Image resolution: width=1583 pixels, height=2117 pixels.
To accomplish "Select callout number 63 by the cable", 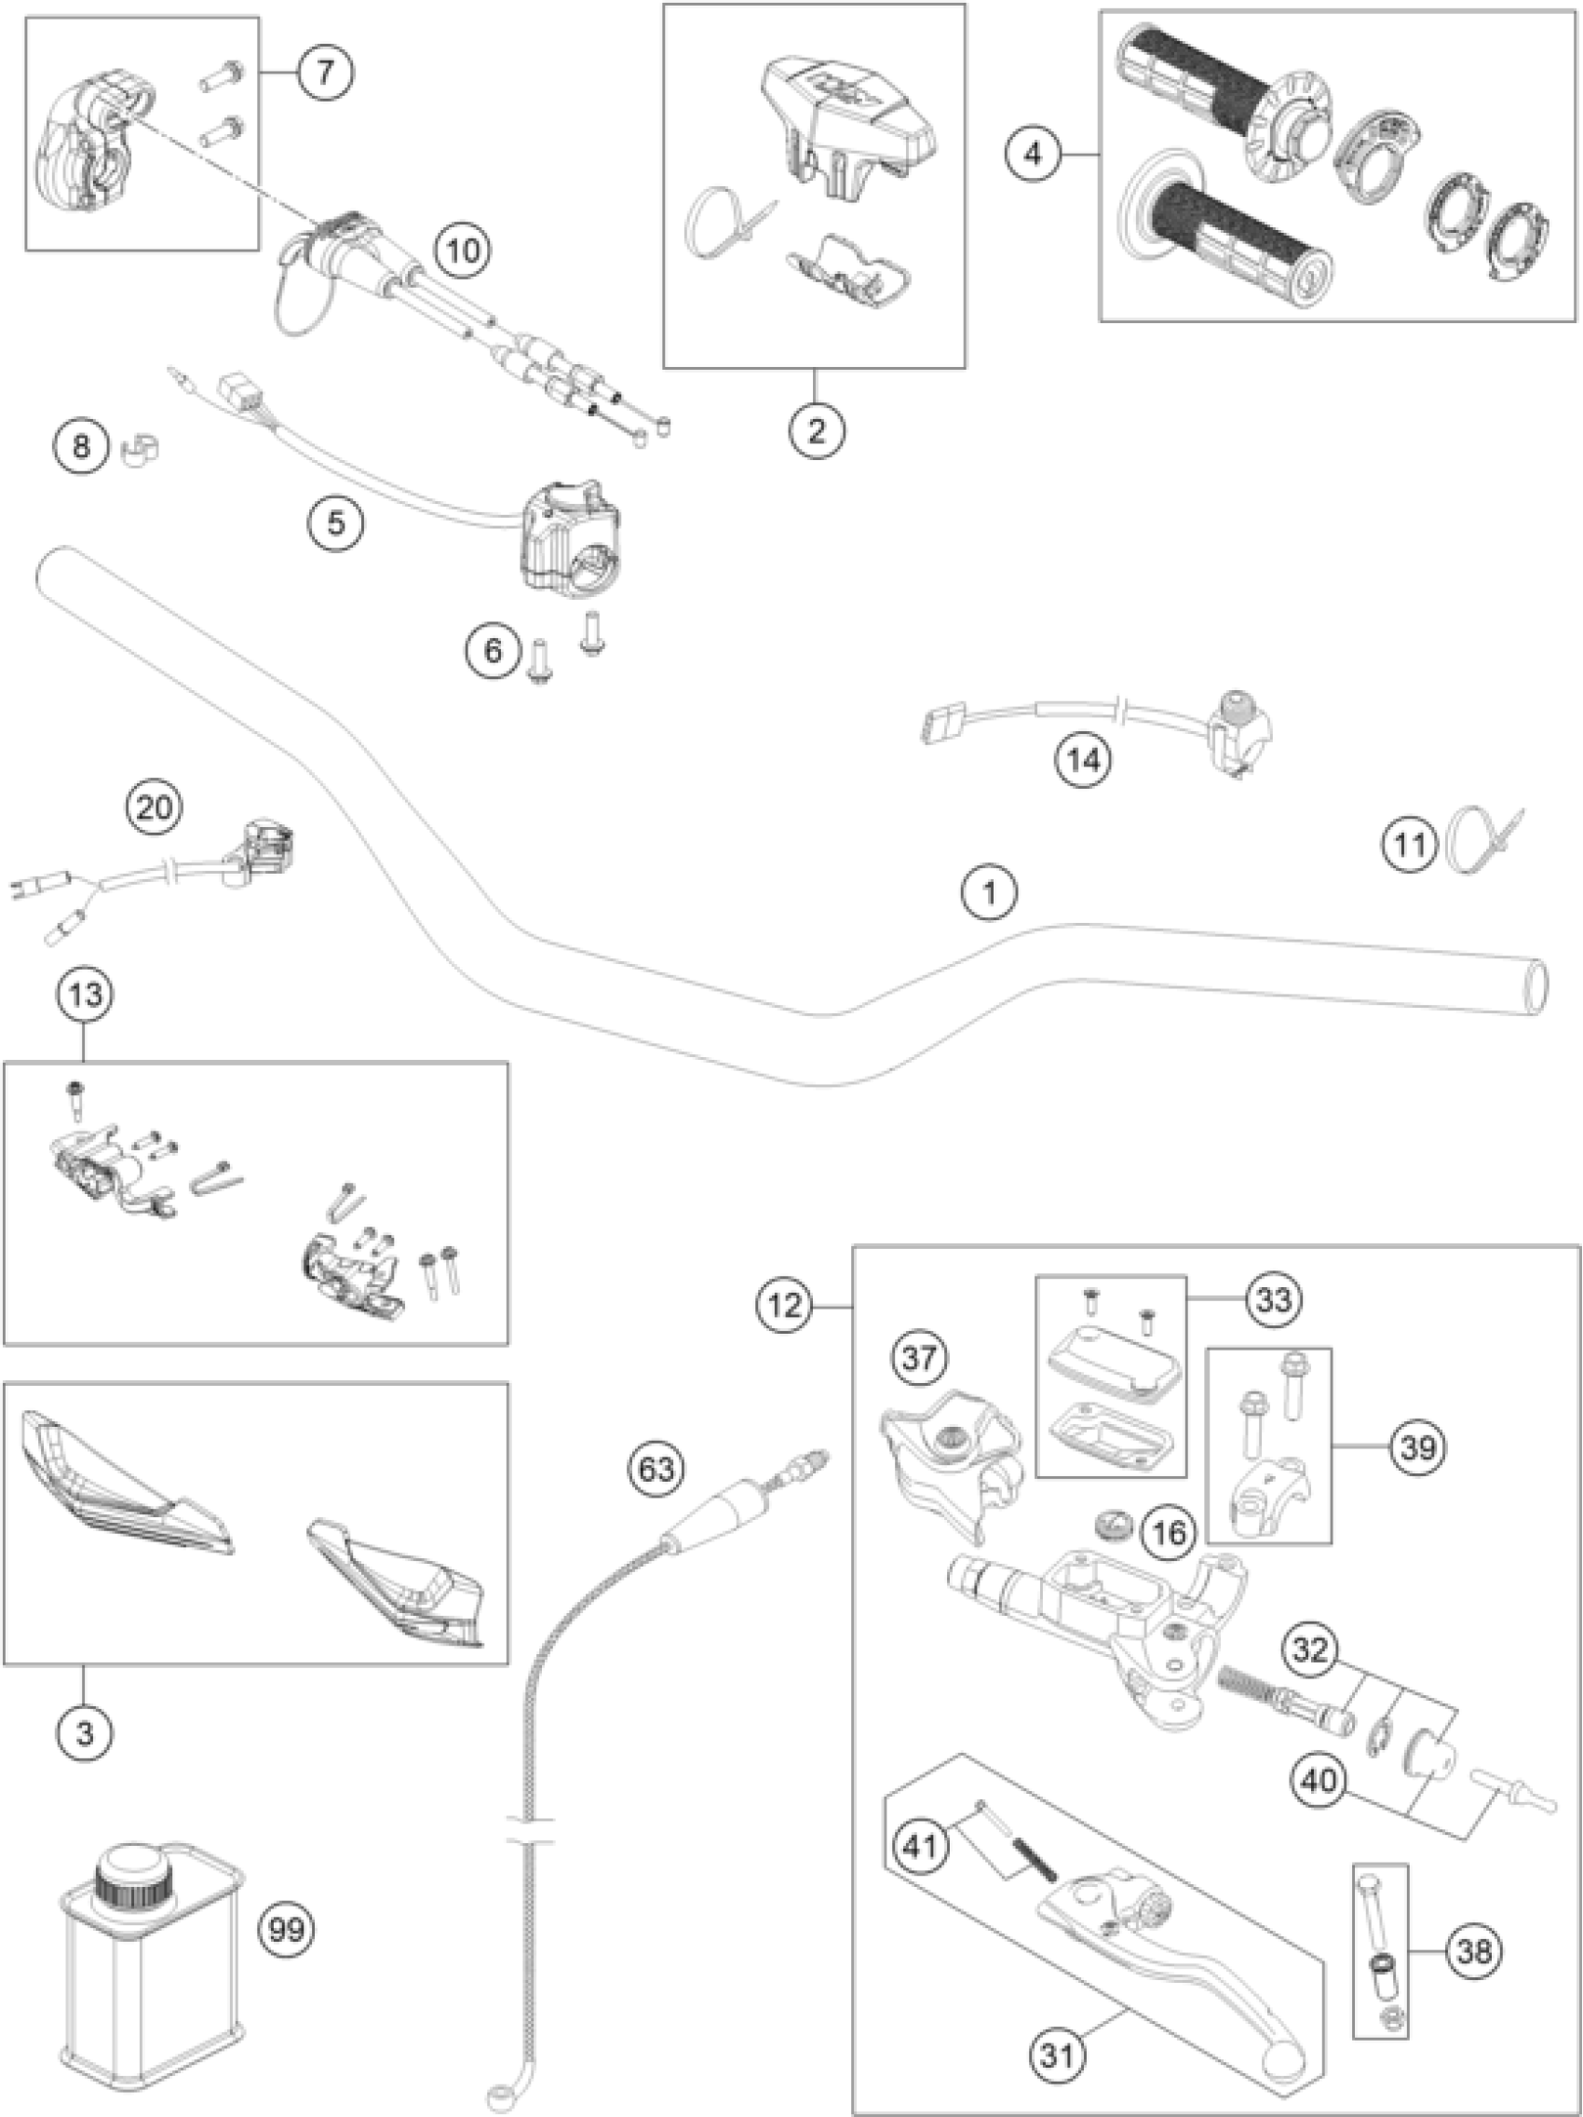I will [x=656, y=1468].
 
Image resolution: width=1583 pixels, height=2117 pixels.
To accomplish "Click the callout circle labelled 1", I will [x=990, y=894].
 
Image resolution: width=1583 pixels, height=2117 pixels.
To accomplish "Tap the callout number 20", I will [x=156, y=807].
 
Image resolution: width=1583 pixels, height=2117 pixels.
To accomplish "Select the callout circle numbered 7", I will [x=324, y=73].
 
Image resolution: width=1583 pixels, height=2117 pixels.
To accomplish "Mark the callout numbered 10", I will [x=462, y=251].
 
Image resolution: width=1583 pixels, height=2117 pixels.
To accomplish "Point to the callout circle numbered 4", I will [x=1033, y=153].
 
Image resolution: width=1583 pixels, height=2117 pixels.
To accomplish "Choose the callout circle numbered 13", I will [x=85, y=995].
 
